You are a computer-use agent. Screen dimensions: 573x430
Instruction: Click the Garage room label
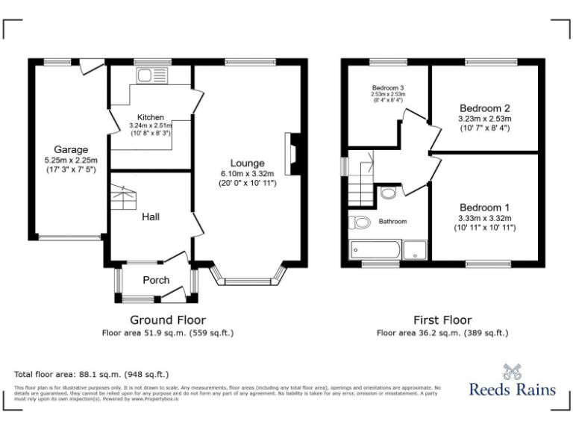[71, 149]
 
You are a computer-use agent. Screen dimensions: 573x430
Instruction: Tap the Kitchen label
[151, 117]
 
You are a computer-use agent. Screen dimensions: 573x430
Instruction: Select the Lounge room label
[247, 163]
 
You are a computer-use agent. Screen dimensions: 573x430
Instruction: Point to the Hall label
[151, 216]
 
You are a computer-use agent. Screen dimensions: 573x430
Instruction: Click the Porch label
[156, 280]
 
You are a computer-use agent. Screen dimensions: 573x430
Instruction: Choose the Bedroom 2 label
[485, 107]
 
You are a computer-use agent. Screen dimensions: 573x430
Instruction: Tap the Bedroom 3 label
[388, 87]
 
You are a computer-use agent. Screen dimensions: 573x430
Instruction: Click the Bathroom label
[392, 222]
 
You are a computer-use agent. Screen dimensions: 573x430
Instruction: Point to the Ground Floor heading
[168, 320]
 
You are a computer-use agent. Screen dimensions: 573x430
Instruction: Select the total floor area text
[92, 374]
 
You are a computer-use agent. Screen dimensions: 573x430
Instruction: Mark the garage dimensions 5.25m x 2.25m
[71, 160]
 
